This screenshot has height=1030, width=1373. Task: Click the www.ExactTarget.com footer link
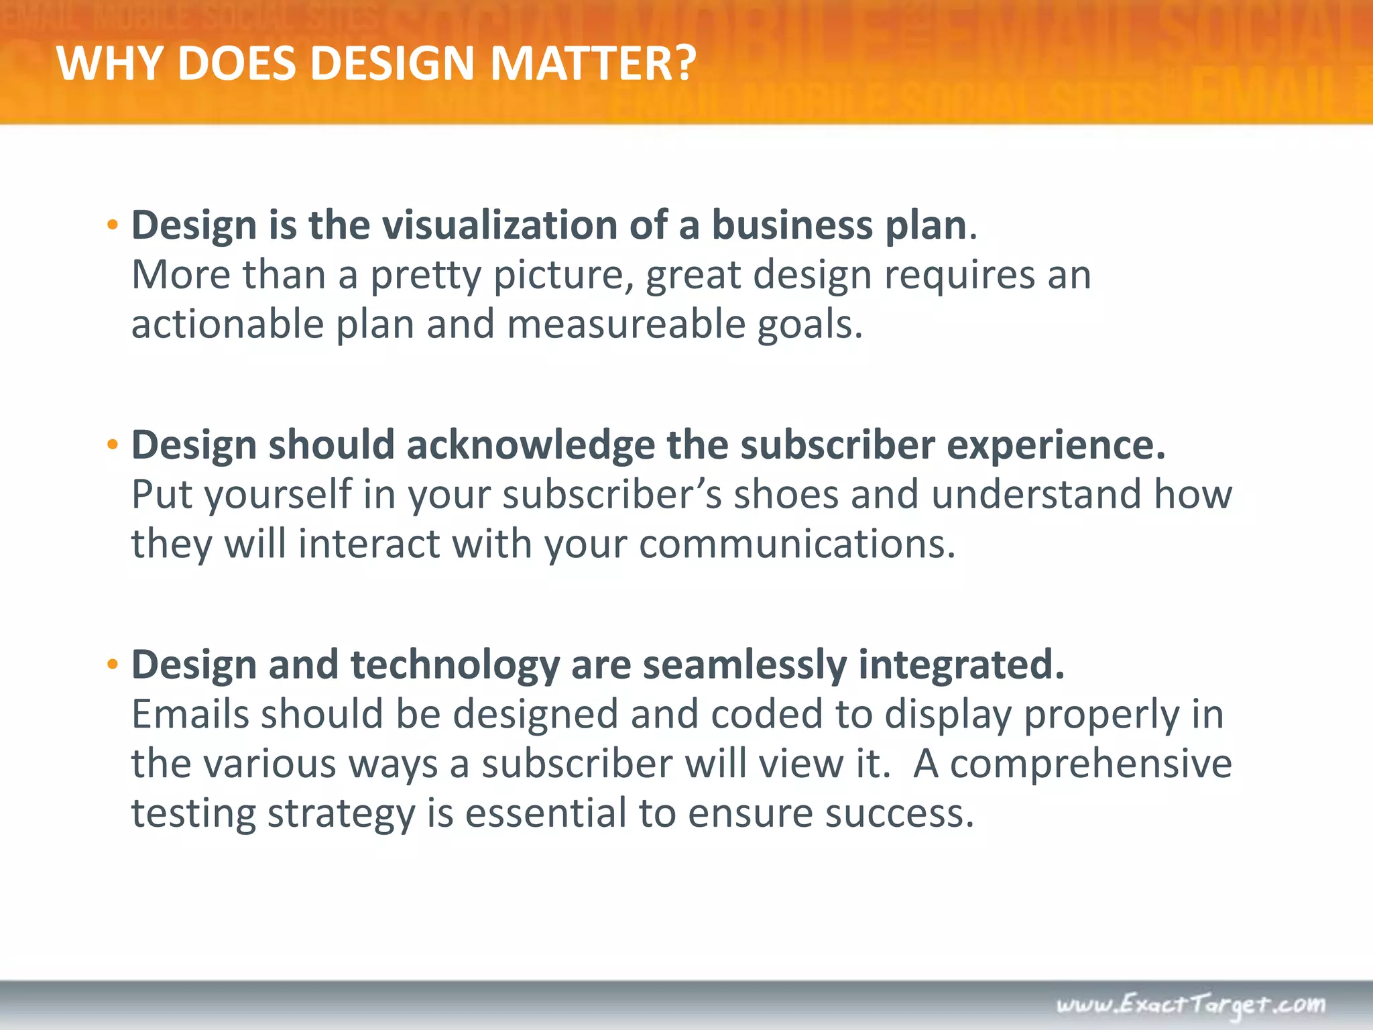coord(1191,1005)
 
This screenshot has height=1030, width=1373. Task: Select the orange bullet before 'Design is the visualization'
coord(113,225)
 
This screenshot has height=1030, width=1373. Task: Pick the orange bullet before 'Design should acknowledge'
coord(113,445)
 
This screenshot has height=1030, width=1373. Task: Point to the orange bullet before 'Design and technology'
coord(113,665)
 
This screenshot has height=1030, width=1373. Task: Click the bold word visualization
coord(499,225)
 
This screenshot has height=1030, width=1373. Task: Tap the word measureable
coord(626,325)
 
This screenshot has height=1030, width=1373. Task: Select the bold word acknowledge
coord(530,445)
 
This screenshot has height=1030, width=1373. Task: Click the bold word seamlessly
coord(744,665)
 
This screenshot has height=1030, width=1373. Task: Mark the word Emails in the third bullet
coord(190,714)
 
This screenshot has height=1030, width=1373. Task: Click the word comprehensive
coord(1091,764)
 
